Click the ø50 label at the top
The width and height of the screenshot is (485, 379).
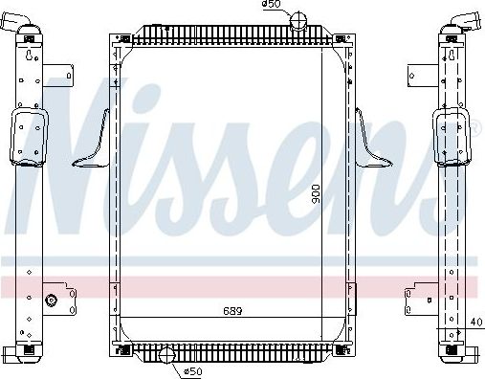tap(271, 6)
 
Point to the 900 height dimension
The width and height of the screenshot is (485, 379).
tap(317, 198)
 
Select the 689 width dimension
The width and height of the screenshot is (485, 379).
tap(232, 311)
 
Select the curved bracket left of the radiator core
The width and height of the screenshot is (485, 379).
tap(93, 144)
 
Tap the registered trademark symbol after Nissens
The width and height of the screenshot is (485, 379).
tap(472, 124)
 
